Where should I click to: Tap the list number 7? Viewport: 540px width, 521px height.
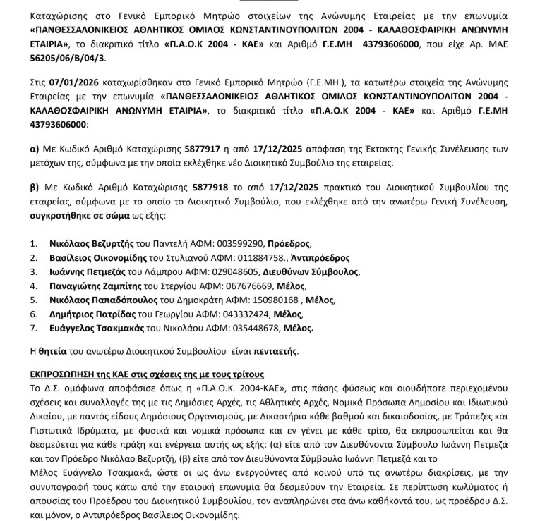(32, 328)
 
